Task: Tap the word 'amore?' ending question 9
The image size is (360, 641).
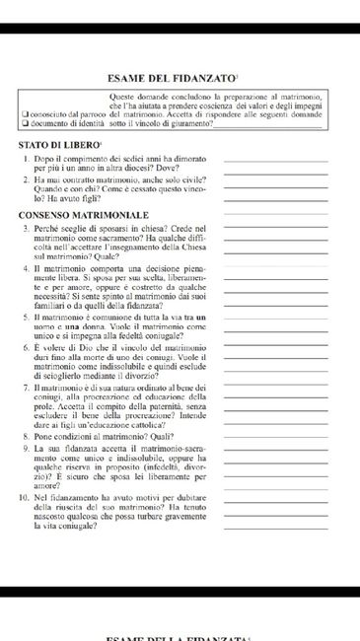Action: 45,486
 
